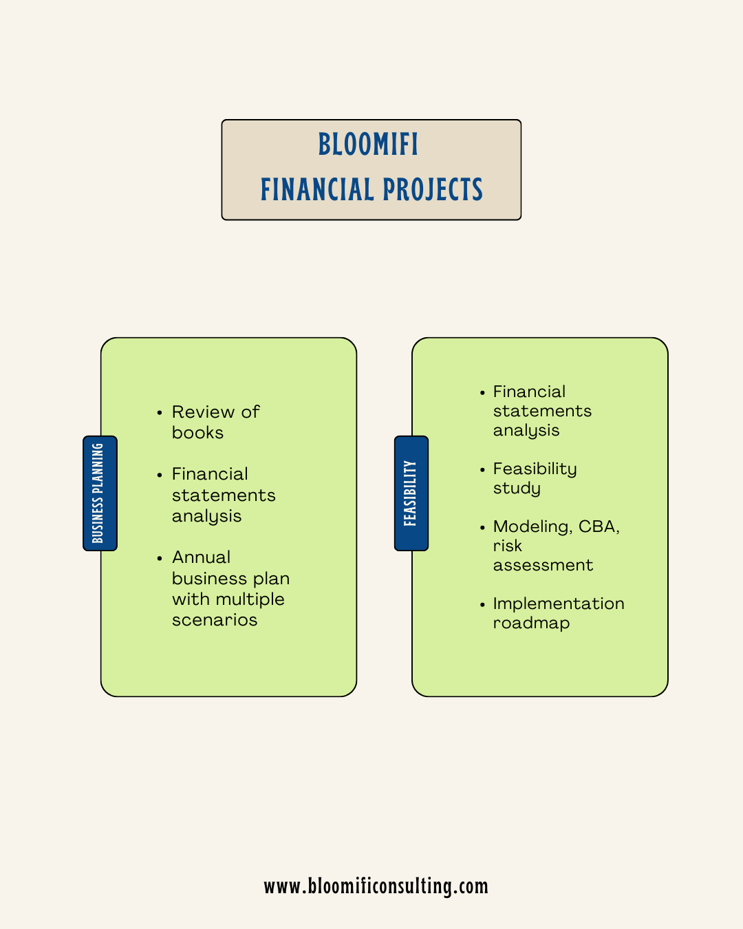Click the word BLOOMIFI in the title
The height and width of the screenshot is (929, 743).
pyautogui.click(x=368, y=145)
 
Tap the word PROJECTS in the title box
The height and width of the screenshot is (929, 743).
pyautogui.click(x=433, y=190)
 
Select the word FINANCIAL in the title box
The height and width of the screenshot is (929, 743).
pyautogui.click(x=316, y=190)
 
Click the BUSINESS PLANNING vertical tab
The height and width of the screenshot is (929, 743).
pyautogui.click(x=100, y=493)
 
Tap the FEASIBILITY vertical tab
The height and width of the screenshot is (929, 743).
pyautogui.click(x=411, y=493)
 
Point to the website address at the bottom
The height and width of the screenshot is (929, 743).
pyautogui.click(x=376, y=886)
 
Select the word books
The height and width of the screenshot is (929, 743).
pyautogui.click(x=197, y=433)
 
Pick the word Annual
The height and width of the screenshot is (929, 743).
pyautogui.click(x=201, y=557)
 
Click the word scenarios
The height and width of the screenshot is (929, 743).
pyautogui.click(x=215, y=620)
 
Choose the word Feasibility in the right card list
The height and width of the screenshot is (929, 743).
pyautogui.click(x=535, y=469)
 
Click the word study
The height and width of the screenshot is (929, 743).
pyautogui.click(x=517, y=489)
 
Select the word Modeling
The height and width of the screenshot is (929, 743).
pyautogui.click(x=532, y=527)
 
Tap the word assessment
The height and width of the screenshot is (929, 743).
pyautogui.click(x=543, y=565)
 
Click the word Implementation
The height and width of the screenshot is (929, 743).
pyautogui.click(x=559, y=604)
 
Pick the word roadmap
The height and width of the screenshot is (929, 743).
pyautogui.click(x=531, y=623)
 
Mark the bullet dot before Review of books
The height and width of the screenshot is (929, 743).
pyautogui.click(x=159, y=413)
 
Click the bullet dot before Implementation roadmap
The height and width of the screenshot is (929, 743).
pyautogui.click(x=482, y=604)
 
